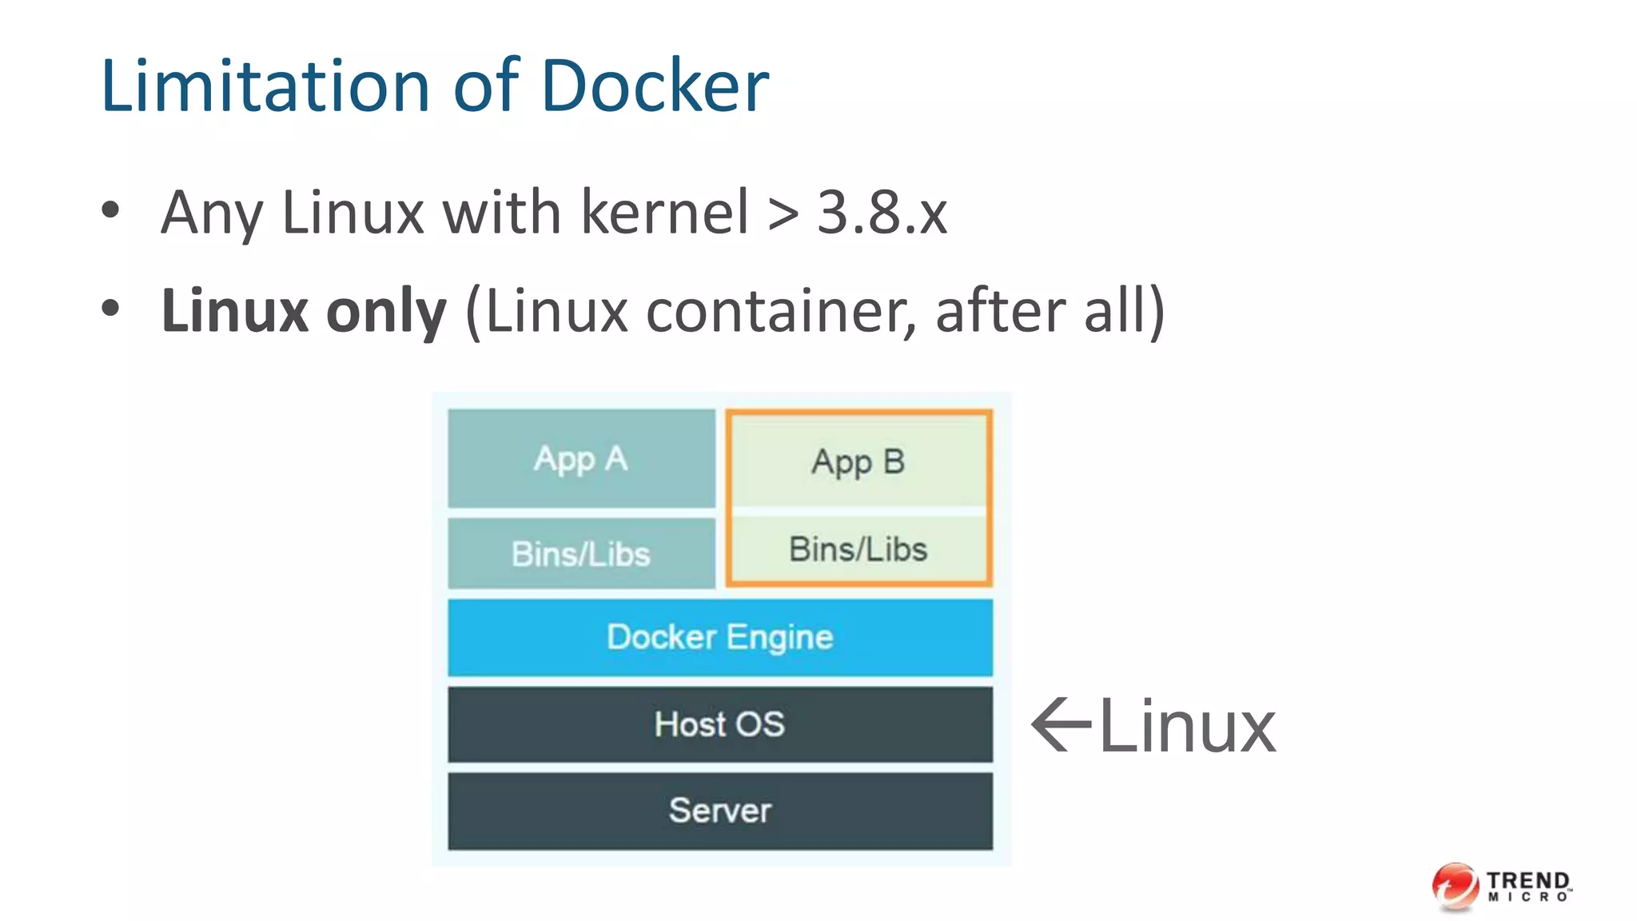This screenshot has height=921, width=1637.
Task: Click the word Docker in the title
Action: pos(654,86)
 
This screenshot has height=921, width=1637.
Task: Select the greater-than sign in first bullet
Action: pos(783,214)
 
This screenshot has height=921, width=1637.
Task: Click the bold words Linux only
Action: pos(304,311)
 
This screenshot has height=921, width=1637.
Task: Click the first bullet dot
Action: pos(110,211)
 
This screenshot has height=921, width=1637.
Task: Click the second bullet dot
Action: pos(110,309)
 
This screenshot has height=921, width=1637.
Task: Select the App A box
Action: pos(581,459)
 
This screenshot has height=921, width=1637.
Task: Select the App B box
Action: pos(858,461)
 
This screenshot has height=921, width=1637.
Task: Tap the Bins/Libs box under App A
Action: pos(581,553)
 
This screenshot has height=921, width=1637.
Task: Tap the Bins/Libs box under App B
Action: pos(858,549)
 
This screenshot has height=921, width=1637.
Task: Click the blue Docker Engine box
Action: pos(719,637)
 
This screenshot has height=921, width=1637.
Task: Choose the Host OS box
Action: pos(719,724)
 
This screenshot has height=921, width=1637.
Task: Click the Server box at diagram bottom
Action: pos(719,811)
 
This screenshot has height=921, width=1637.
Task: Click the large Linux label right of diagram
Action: pos(1187,726)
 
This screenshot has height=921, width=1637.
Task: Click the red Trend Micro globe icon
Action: pos(1455,886)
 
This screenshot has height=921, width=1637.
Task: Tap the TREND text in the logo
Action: pos(1528,880)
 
